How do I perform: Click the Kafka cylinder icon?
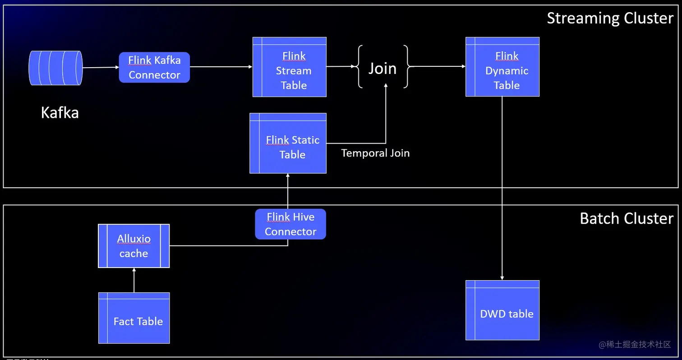click(55, 68)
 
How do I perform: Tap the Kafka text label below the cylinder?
click(60, 112)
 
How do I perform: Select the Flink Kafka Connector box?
click(154, 67)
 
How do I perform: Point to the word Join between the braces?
click(382, 68)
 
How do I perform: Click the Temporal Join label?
click(375, 153)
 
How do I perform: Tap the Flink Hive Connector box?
click(290, 224)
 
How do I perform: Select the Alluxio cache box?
click(134, 246)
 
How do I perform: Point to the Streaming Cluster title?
click(610, 18)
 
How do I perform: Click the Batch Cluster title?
click(626, 218)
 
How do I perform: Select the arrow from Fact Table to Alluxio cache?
click(134, 280)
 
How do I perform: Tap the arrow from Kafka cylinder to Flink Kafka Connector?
click(101, 68)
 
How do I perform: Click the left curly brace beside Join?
click(360, 66)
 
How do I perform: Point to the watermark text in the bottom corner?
click(635, 345)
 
